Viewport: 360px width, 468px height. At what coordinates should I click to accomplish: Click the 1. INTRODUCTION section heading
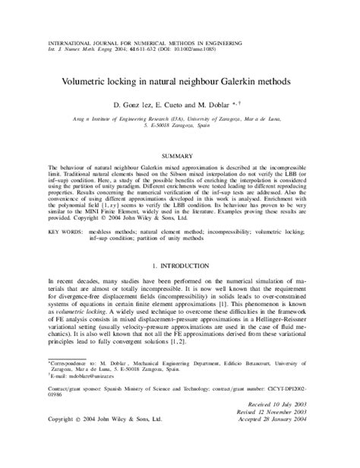click(x=179, y=267)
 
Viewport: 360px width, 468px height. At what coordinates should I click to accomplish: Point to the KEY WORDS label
click(x=65, y=229)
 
